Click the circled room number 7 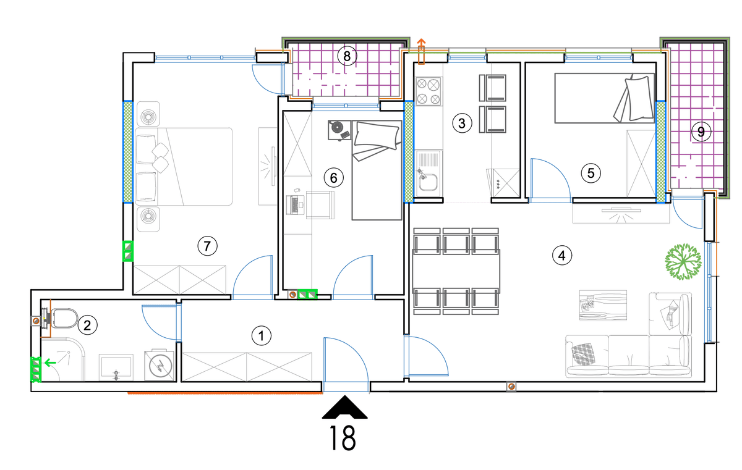point(207,246)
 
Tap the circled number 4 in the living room point(562,255)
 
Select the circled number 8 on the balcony point(347,56)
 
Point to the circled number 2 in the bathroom point(87,325)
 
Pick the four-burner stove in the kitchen point(429,91)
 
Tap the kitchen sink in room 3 point(429,174)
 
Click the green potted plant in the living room point(683,262)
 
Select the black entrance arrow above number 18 point(345,407)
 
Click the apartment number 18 point(343,439)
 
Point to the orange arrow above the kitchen point(420,51)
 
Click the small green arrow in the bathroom point(50,363)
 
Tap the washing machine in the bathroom point(160,366)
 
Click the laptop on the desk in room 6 point(296,204)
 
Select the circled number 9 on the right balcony point(701,132)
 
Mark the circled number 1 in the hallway point(262,336)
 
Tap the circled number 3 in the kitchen point(462,124)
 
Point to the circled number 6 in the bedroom point(333,178)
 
